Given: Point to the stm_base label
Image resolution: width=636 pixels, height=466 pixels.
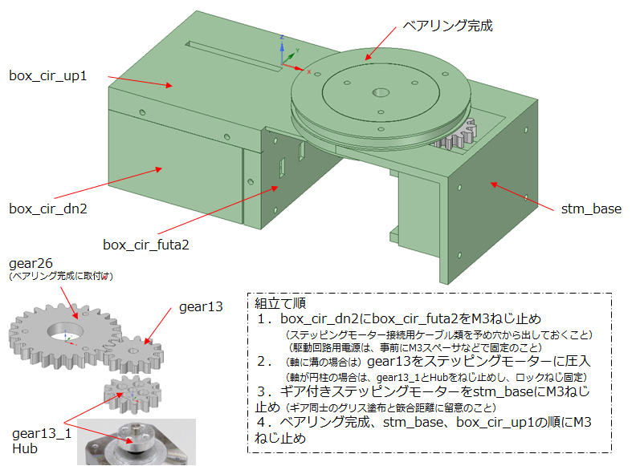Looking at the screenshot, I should [591, 209].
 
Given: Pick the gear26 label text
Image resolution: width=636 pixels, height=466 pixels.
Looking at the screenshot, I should [31, 264].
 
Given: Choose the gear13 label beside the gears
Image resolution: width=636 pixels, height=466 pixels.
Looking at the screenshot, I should [201, 307].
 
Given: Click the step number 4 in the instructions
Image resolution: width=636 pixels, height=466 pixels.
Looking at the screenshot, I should [261, 421].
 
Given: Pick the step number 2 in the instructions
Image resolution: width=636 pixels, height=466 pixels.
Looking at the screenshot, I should [261, 362].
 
